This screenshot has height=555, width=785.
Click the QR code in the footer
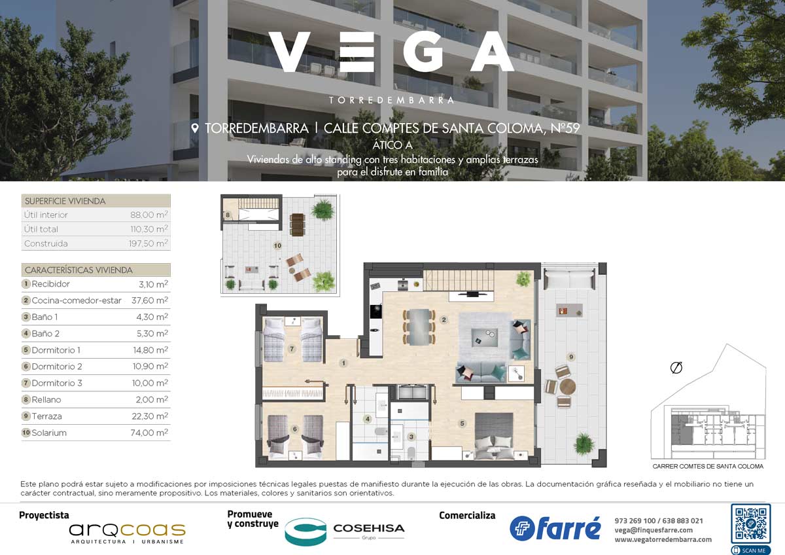click(x=750, y=524)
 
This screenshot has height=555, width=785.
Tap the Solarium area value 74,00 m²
click(x=149, y=433)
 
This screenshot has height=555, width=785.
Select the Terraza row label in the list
click(x=46, y=416)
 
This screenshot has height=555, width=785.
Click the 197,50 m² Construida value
click(x=148, y=243)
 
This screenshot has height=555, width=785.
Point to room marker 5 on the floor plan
click(x=462, y=423)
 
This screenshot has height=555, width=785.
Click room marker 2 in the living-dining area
click(x=444, y=319)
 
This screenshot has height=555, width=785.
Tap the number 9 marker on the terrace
click(x=571, y=357)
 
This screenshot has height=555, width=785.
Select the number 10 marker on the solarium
click(x=277, y=246)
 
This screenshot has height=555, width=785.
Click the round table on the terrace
click(x=568, y=387)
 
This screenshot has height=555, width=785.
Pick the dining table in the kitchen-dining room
click(x=419, y=327)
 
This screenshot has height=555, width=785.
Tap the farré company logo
click(x=555, y=528)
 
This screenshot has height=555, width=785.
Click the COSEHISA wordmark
click(x=369, y=528)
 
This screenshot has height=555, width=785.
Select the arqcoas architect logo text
click(x=127, y=529)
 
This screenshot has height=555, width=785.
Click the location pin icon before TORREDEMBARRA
click(x=195, y=128)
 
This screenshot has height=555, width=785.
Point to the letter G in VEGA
click(x=425, y=52)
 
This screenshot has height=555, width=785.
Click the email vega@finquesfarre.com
click(x=654, y=530)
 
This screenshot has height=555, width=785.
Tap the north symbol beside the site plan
click(x=676, y=367)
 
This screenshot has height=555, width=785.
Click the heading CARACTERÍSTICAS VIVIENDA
click(x=78, y=270)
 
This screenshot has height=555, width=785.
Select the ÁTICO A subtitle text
click(x=392, y=145)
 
